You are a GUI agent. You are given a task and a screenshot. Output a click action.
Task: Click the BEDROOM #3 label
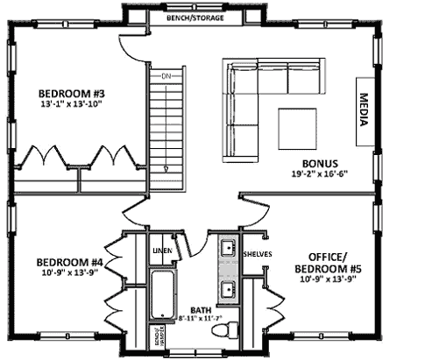pyautogui.click(x=72, y=92)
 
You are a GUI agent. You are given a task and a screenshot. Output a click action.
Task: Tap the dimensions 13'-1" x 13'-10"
pyautogui.click(x=72, y=104)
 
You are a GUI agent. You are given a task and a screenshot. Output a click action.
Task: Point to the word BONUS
pyautogui.click(x=320, y=163)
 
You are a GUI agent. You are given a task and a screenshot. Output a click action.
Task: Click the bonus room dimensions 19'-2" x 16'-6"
pyautogui.click(x=320, y=174)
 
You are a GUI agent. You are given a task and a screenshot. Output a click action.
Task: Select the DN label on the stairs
pyautogui.click(x=164, y=77)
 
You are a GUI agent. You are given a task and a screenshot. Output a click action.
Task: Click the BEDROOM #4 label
pyautogui.click(x=70, y=262)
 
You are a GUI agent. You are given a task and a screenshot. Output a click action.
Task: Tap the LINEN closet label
pyautogui.click(x=162, y=252)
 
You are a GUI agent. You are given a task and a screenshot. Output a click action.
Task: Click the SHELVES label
pyautogui.click(x=258, y=254)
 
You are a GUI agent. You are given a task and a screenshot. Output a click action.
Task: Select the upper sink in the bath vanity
pyautogui.click(x=227, y=248)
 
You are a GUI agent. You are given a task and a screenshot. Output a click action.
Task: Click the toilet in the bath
pyautogui.click(x=232, y=331)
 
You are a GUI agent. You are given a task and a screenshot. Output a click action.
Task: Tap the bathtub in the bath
pyautogui.click(x=162, y=298)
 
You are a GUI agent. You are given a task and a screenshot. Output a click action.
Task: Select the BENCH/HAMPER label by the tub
pyautogui.click(x=149, y=337)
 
